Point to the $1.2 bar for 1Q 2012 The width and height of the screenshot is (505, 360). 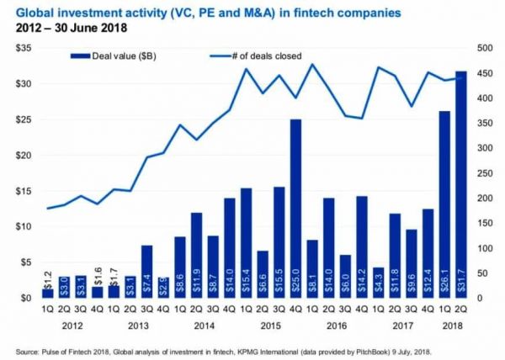click(48, 293)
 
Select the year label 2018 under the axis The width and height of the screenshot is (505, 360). click(452, 324)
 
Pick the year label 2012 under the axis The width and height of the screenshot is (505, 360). click(72, 324)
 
